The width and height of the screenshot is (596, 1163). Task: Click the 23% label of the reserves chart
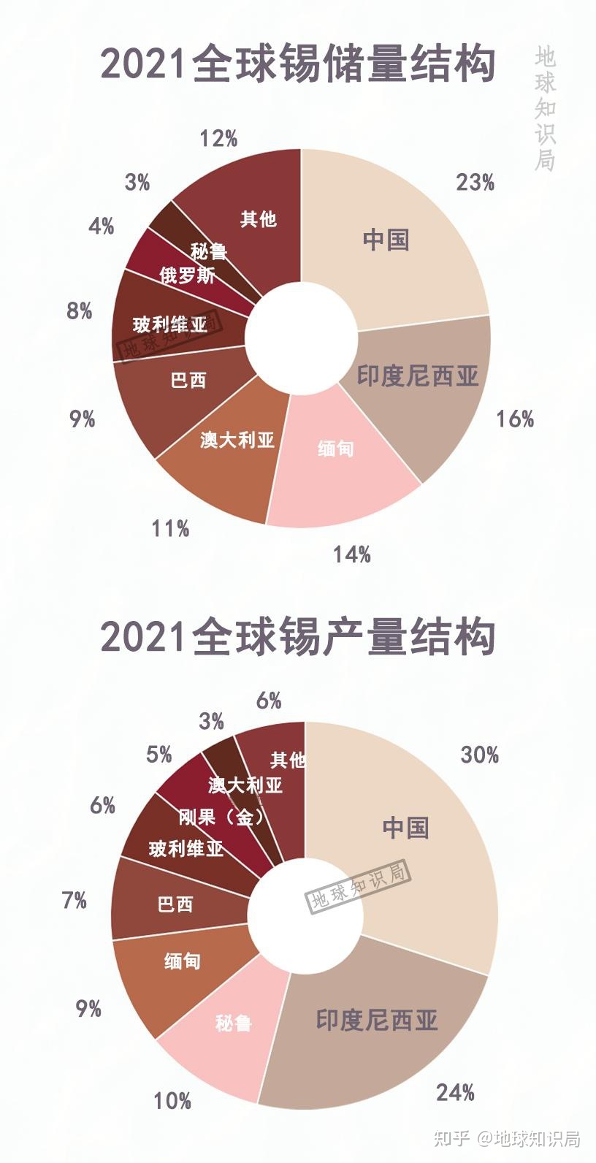point(475,182)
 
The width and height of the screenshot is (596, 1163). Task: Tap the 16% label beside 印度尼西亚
point(515,419)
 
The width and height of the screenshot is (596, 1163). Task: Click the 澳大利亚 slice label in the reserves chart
point(237,440)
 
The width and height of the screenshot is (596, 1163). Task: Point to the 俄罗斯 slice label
point(187,275)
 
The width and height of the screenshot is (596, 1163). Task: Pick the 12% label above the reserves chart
point(218,138)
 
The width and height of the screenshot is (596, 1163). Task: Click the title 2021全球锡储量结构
point(298,64)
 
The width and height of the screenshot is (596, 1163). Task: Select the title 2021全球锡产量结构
point(298,636)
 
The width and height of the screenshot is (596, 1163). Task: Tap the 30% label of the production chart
point(479,755)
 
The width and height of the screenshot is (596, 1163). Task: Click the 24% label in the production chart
point(455,1092)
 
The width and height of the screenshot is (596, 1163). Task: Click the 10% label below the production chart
point(172,1100)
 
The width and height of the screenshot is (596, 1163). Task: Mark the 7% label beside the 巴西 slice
point(74,900)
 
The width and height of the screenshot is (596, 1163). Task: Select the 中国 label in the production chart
point(405,828)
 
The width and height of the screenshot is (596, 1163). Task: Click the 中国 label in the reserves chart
point(386,240)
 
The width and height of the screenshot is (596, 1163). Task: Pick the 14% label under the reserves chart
point(352,554)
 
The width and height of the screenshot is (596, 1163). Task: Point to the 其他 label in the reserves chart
point(259,218)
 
